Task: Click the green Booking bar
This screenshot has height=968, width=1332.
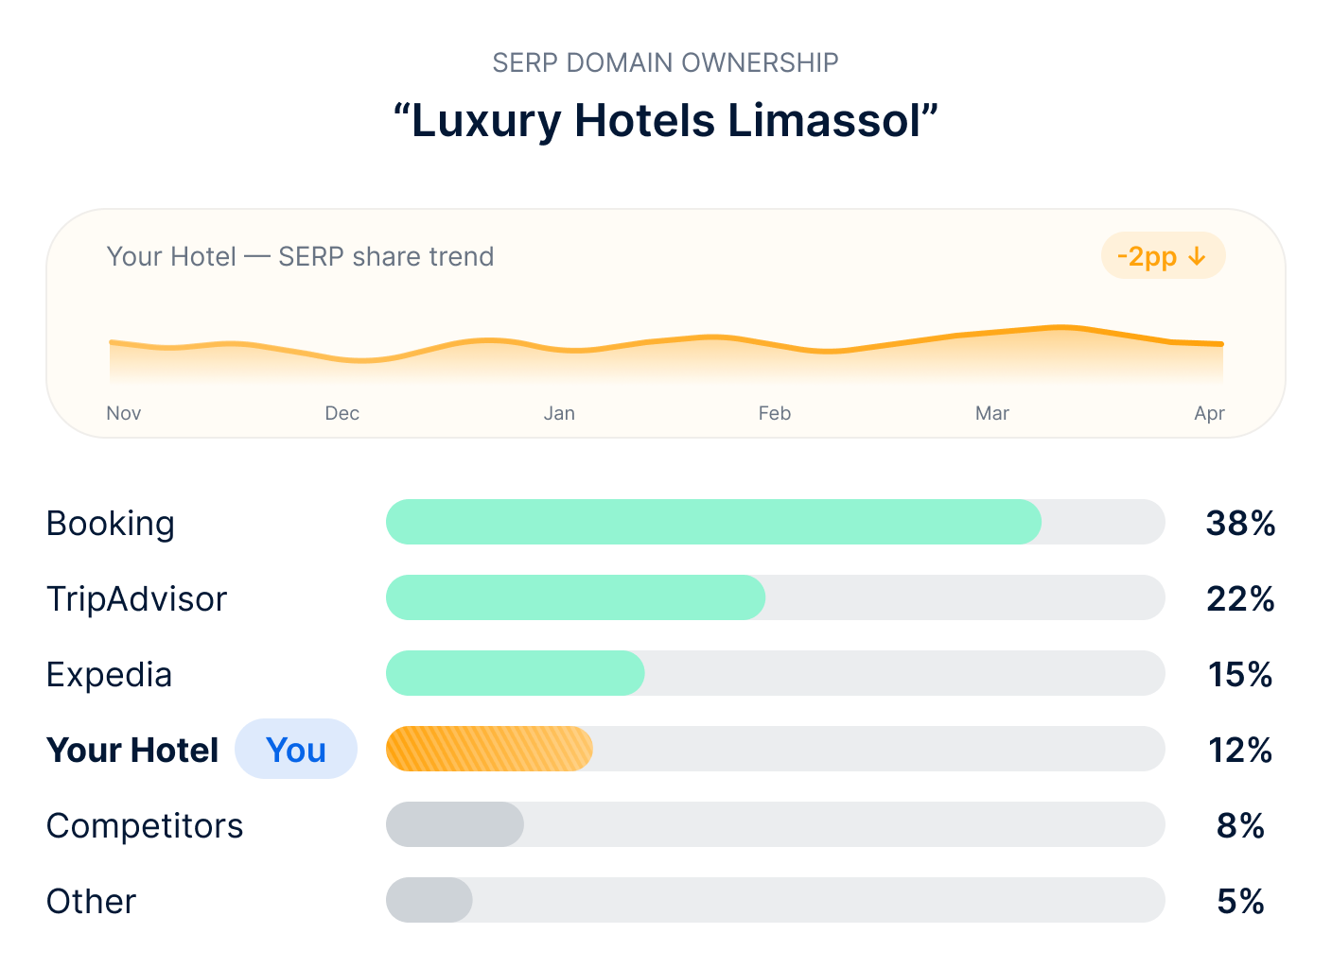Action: pyautogui.click(x=713, y=522)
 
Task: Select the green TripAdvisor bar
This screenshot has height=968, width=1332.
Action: pyautogui.click(x=575, y=597)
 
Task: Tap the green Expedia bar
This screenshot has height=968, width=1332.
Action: pyautogui.click(x=515, y=673)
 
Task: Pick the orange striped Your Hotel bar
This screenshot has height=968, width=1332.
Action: pyautogui.click(x=489, y=749)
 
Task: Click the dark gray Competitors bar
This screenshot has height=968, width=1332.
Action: pyautogui.click(x=454, y=824)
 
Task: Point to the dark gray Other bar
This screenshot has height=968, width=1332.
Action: pyautogui.click(x=429, y=900)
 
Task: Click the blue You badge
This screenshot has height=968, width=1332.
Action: pyautogui.click(x=296, y=750)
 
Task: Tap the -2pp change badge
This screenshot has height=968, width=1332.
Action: pyautogui.click(x=1163, y=256)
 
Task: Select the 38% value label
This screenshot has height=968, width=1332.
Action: pyautogui.click(x=1240, y=523)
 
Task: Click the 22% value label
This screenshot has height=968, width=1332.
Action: pyautogui.click(x=1240, y=598)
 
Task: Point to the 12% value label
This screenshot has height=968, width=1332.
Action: pyautogui.click(x=1240, y=750)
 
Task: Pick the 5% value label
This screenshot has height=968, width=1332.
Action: pyautogui.click(x=1240, y=901)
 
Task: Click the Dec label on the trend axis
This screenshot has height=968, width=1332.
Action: pyautogui.click(x=342, y=413)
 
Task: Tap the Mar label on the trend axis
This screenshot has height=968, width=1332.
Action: pyautogui.click(x=991, y=413)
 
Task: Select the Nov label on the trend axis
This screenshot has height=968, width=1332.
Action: pyautogui.click(x=124, y=413)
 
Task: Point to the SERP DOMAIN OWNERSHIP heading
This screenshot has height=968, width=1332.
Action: pyautogui.click(x=665, y=62)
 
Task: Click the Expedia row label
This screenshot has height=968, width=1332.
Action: pyautogui.click(x=109, y=674)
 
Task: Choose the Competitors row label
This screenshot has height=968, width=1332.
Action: pyautogui.click(x=145, y=825)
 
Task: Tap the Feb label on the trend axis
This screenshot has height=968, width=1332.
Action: pyautogui.click(x=774, y=413)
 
